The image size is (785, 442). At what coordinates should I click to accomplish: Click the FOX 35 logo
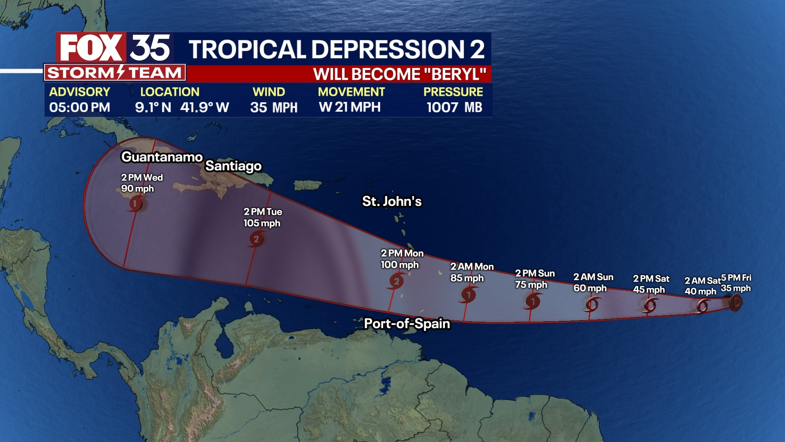coord(114,48)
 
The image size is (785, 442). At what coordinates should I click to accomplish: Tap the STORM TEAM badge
coord(114,73)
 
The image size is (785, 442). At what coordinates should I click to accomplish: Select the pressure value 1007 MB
coord(454,107)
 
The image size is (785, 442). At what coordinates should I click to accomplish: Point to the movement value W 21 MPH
coord(350,107)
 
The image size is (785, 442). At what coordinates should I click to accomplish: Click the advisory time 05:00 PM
coord(80,107)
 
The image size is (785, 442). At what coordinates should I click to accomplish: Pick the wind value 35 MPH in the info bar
coord(274,107)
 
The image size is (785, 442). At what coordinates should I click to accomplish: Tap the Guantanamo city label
coord(162,157)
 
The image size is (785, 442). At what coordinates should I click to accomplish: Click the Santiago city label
coord(233,166)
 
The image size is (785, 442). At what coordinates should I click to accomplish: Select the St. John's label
coord(392,201)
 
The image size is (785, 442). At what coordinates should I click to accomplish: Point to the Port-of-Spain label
coord(407,324)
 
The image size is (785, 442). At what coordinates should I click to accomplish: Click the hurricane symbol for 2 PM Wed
coord(135,203)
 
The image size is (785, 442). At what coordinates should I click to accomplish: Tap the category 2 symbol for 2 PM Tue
coord(256,239)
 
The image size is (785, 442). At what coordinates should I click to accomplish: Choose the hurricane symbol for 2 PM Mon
coord(396,281)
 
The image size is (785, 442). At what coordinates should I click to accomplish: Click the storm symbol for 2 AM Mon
coord(469,294)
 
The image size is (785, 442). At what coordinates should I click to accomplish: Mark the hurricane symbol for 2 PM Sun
coord(533,302)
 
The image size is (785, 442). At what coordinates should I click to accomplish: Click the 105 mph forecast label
coord(262,223)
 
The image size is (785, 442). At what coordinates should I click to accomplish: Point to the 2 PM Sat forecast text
coord(651,279)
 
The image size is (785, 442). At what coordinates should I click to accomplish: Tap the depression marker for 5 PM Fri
coord(736,303)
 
